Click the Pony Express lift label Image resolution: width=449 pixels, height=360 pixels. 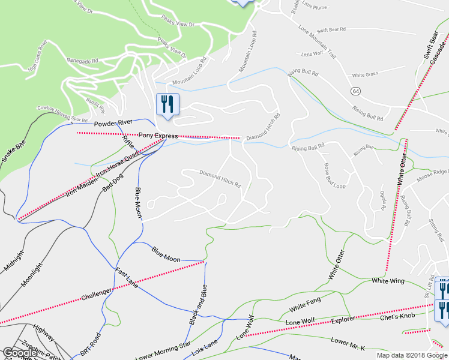tap(158, 136)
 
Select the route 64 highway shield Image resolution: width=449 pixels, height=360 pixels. tap(356, 91)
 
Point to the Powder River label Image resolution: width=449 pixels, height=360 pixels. tap(113, 122)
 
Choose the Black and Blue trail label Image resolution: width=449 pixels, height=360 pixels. tap(199, 304)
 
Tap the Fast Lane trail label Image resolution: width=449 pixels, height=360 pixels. tap(127, 277)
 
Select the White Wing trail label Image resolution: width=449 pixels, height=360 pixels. tap(388, 281)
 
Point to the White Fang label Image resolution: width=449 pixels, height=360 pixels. tap(306, 304)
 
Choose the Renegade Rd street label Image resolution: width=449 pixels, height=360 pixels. tap(82, 61)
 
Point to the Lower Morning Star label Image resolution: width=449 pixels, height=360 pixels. tap(164, 351)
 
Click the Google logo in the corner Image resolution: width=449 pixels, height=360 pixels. tap(20, 353)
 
